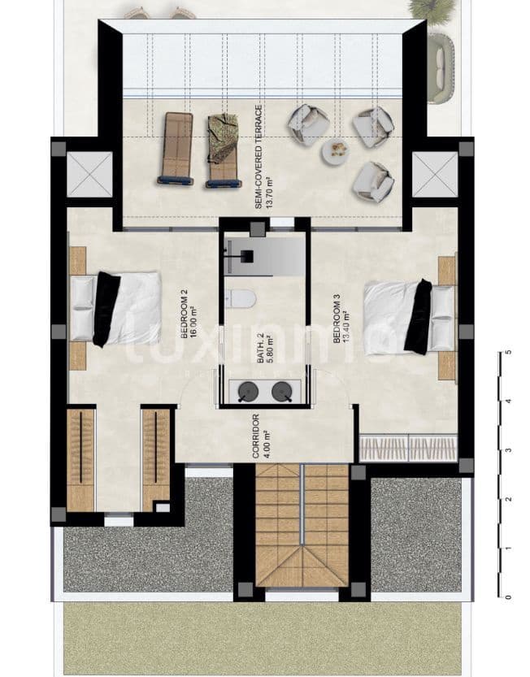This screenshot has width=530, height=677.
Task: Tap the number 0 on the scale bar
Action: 508,597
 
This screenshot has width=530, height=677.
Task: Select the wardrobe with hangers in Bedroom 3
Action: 408,447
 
